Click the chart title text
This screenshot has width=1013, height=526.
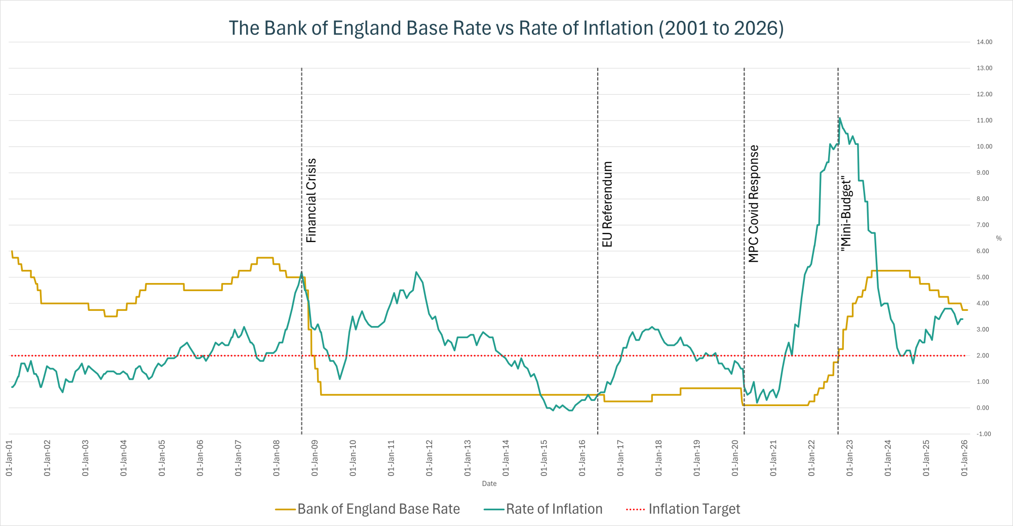(506, 28)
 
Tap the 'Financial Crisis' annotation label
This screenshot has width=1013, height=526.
(311, 200)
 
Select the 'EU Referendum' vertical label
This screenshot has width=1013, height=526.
(607, 204)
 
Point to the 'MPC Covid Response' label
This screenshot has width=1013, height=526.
(754, 204)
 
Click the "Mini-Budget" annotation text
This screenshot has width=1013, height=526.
(846, 213)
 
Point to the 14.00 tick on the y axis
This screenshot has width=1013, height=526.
(984, 42)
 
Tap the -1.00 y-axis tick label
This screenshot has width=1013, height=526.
(984, 434)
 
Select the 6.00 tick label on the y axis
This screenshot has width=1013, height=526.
(983, 251)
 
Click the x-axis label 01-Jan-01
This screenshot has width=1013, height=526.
(9, 458)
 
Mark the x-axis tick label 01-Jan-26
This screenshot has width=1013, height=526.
(964, 458)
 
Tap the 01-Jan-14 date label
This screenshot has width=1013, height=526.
(505, 458)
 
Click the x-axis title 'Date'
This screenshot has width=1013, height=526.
(489, 483)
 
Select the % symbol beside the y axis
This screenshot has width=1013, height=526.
(998, 238)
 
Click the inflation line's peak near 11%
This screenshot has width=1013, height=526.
(840, 118)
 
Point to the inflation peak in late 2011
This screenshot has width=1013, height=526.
(416, 272)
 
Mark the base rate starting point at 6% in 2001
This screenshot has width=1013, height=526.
(12, 251)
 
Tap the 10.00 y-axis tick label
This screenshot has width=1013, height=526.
(984, 146)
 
